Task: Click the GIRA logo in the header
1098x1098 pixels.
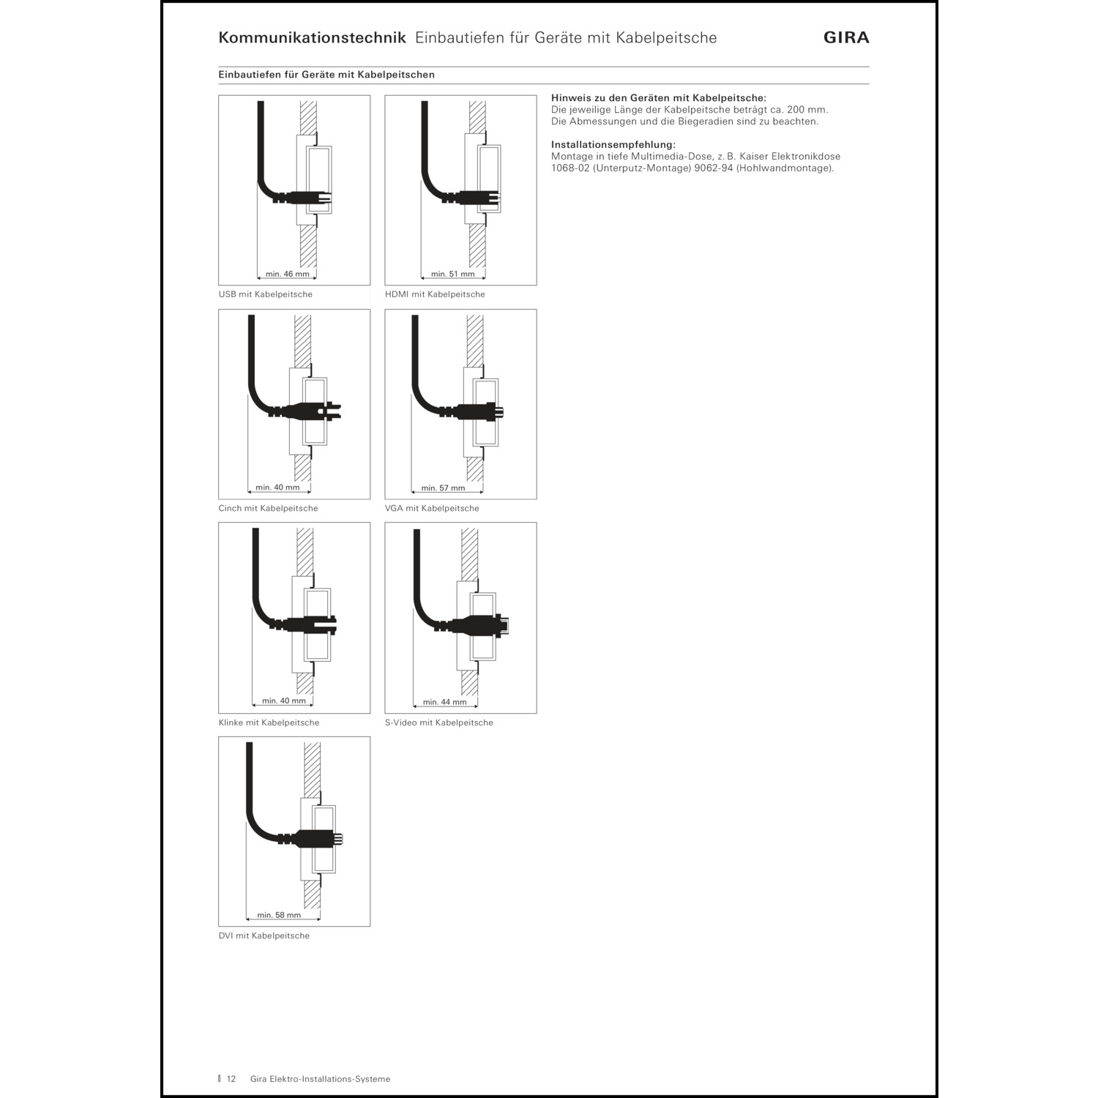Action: (x=846, y=38)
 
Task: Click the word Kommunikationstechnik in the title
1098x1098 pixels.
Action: (x=312, y=38)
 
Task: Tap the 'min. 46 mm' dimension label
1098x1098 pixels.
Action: (x=287, y=274)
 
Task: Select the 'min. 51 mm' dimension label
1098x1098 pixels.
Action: (x=453, y=274)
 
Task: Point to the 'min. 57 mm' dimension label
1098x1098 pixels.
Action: (x=443, y=488)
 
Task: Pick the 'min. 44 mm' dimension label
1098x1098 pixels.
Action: (x=444, y=702)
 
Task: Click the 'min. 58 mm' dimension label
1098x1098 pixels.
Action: (x=279, y=915)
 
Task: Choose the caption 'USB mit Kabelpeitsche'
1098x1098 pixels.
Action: (x=265, y=294)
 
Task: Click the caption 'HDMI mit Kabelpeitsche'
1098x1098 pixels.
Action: (x=435, y=294)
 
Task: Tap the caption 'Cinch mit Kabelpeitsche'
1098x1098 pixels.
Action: (x=268, y=508)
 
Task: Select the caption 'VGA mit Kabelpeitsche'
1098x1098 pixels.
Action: (x=432, y=508)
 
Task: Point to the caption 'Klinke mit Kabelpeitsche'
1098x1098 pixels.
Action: (x=269, y=722)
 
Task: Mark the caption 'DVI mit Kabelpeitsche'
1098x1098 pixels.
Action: (x=264, y=935)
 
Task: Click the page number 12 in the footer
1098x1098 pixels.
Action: (x=231, y=1079)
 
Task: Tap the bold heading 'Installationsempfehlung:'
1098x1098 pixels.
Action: (x=613, y=145)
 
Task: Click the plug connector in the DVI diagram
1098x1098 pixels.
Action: (x=315, y=840)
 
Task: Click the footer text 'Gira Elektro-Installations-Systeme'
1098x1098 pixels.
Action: (x=320, y=1079)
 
